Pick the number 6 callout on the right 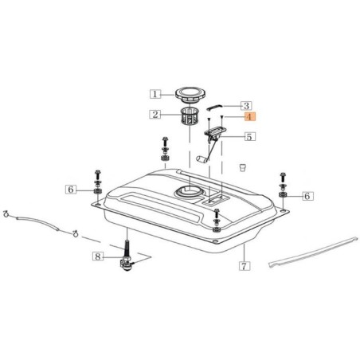[x=307, y=195]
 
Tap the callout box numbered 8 [x=98, y=256]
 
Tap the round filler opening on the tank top [x=190, y=191]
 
